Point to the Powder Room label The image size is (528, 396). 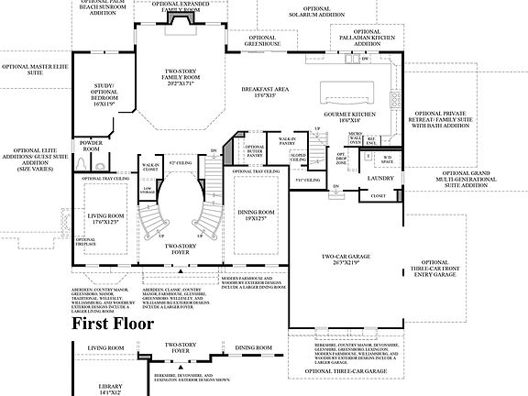click(x=91, y=145)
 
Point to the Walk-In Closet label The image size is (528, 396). click(x=151, y=168)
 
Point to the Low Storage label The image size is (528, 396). click(x=146, y=191)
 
